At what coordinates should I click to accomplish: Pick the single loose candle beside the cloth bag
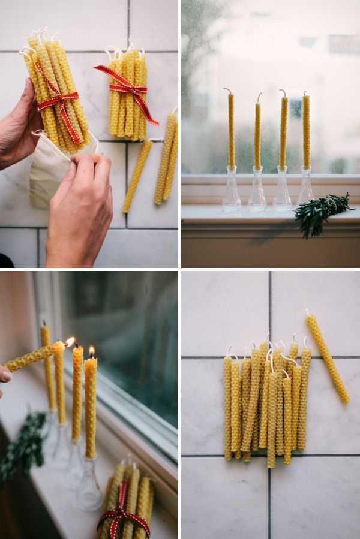pyautogui.click(x=137, y=176)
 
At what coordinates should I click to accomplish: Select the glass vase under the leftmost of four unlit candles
pyautogui.click(x=231, y=192)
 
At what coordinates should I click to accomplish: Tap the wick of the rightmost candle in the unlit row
pyautogui.click(x=305, y=94)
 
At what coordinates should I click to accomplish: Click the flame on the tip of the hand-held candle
pyautogui.click(x=70, y=341)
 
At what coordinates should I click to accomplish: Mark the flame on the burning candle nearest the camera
pyautogui.click(x=92, y=351)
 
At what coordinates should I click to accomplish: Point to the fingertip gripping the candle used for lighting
pyautogui.click(x=4, y=375)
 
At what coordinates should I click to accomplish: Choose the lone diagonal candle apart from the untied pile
pyautogui.click(x=328, y=358)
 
